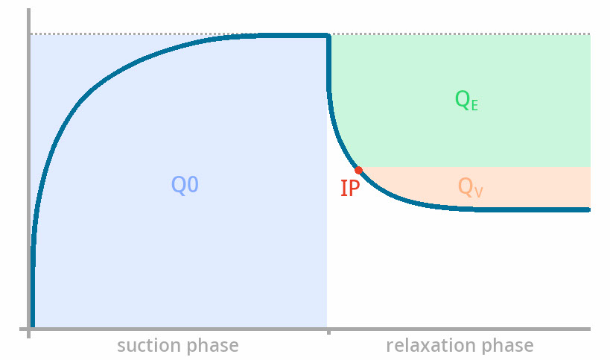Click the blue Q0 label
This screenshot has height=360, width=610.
(x=185, y=185)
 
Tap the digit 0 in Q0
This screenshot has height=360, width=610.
(x=192, y=185)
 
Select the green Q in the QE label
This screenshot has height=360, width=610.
(x=463, y=100)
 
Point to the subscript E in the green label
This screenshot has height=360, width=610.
(x=474, y=106)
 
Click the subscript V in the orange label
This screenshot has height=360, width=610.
(x=478, y=192)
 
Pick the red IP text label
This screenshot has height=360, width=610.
(x=350, y=189)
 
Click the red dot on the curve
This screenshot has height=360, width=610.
(x=359, y=170)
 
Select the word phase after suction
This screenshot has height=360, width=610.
(x=212, y=347)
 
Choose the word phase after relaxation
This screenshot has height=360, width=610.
(x=507, y=347)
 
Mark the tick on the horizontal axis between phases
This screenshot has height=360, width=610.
(x=328, y=331)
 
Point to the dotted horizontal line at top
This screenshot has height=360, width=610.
(x=310, y=34)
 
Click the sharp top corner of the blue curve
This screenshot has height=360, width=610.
(x=328, y=36)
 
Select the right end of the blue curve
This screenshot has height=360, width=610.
(x=588, y=209)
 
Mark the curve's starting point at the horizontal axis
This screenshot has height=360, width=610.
(x=33, y=326)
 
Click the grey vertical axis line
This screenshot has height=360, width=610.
(x=28, y=173)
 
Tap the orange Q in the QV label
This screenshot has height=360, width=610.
(x=466, y=187)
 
